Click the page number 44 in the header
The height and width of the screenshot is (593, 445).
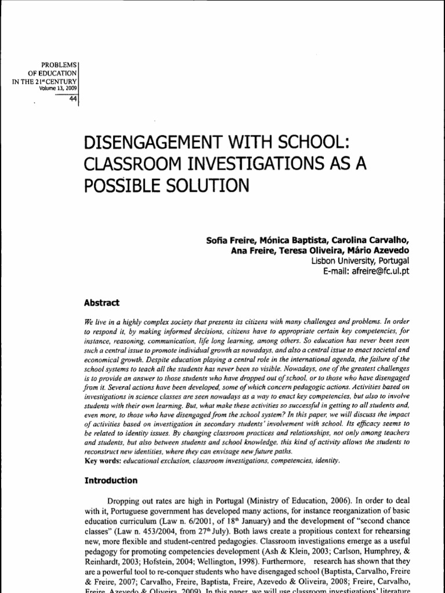[72, 97]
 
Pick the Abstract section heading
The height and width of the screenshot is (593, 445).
[102, 302]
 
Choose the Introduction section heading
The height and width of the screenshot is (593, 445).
[111, 481]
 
